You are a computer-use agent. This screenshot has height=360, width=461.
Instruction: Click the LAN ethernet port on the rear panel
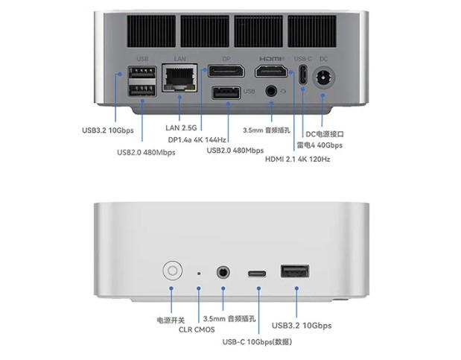tap(179, 78)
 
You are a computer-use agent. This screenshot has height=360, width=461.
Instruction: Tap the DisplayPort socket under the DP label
tap(226, 72)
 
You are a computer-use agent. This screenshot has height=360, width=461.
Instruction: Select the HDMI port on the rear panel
tap(272, 72)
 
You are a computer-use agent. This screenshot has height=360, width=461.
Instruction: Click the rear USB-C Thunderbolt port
tap(303, 75)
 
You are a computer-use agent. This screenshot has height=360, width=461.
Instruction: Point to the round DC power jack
tap(324, 77)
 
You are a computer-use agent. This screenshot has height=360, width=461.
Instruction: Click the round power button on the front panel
tap(172, 270)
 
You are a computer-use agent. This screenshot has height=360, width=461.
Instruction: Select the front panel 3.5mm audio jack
tap(223, 272)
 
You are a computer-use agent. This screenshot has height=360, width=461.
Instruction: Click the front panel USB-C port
tap(258, 273)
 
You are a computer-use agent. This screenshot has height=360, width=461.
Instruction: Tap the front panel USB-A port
tap(295, 271)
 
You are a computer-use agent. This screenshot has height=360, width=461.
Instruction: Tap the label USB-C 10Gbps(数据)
tap(257, 342)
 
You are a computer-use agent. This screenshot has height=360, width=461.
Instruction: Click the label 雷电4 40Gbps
tap(319, 145)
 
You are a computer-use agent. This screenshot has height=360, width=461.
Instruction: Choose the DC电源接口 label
tap(325, 133)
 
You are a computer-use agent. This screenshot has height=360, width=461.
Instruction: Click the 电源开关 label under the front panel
tap(171, 320)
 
